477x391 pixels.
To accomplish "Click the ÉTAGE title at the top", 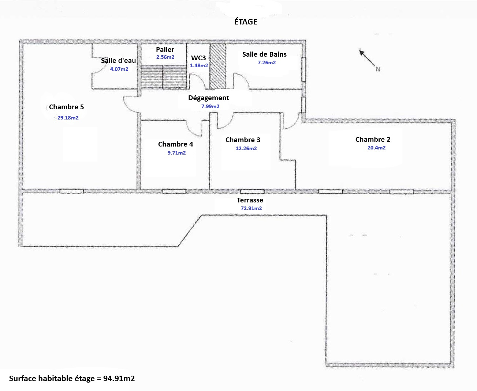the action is pos(246,22).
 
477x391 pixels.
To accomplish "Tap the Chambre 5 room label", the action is pos(66,107).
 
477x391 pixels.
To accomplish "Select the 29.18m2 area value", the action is pos(68,118).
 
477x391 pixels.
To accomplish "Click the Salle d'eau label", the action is pos(118,61).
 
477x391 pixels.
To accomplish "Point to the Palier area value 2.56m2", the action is pos(165,57).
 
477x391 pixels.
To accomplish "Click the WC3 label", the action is pos(198,58).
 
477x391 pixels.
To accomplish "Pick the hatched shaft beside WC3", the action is pos(218,66).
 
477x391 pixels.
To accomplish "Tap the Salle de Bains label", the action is pos(264,54).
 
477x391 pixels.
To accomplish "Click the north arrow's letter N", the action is pos(378,69).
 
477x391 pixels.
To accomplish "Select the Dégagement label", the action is pos(208,98).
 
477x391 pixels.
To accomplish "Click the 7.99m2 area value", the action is pos(210,106).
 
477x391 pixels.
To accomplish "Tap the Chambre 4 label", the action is pos(175,144).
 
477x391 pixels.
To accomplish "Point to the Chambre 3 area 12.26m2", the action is pos(246,148).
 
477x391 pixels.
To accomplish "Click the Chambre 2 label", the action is pos(373,140).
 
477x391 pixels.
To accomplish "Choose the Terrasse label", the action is pos(250,200).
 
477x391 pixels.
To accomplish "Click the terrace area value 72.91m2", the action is pos(251,208).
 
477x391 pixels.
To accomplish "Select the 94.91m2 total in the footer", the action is pos(119,378).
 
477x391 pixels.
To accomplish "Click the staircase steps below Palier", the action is pos(164,77).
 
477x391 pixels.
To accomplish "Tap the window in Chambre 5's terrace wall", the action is pos(72,191).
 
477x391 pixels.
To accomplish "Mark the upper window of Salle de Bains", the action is pos(304,69).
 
